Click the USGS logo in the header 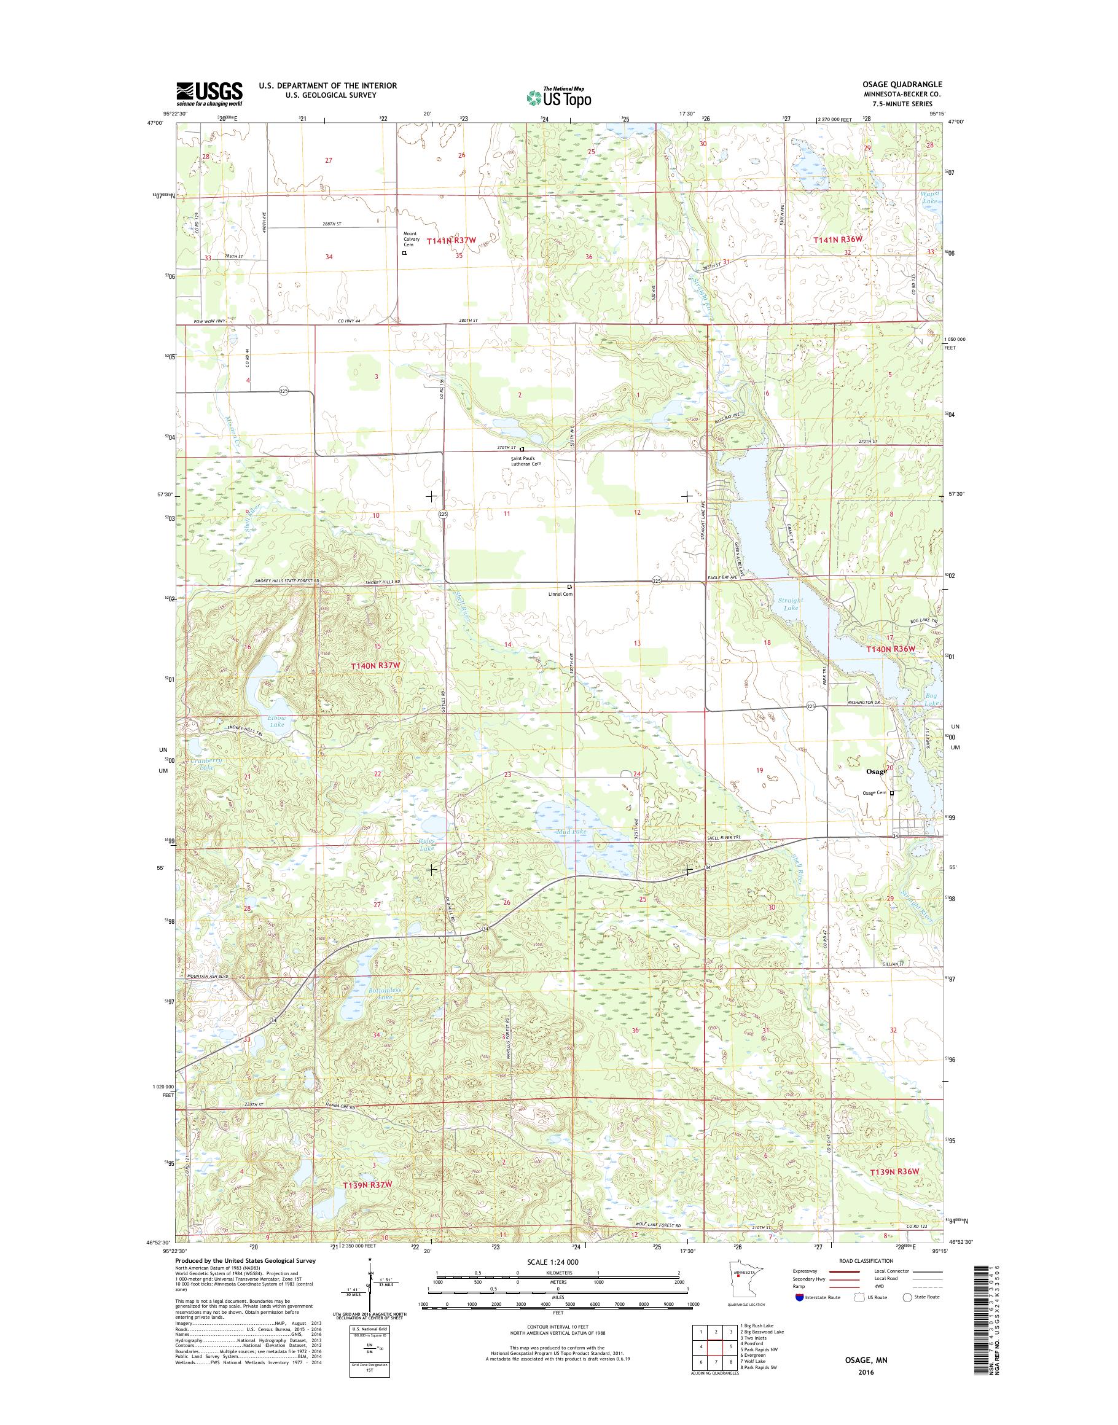coord(209,93)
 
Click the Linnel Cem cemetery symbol coord(569,587)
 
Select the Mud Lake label coord(571,831)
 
